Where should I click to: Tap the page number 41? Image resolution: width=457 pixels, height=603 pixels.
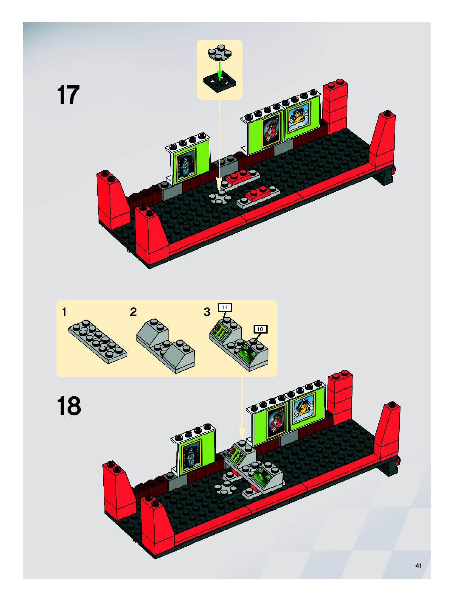419,566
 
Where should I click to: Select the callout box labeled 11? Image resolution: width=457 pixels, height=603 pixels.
224,307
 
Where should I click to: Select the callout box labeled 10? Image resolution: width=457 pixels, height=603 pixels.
260,329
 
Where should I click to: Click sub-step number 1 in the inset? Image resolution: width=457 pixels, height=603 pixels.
64,312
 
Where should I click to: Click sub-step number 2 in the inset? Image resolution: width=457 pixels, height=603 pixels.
133,312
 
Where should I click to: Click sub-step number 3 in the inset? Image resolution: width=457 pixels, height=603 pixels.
207,312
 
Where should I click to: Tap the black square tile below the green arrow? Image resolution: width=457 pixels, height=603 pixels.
219,83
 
